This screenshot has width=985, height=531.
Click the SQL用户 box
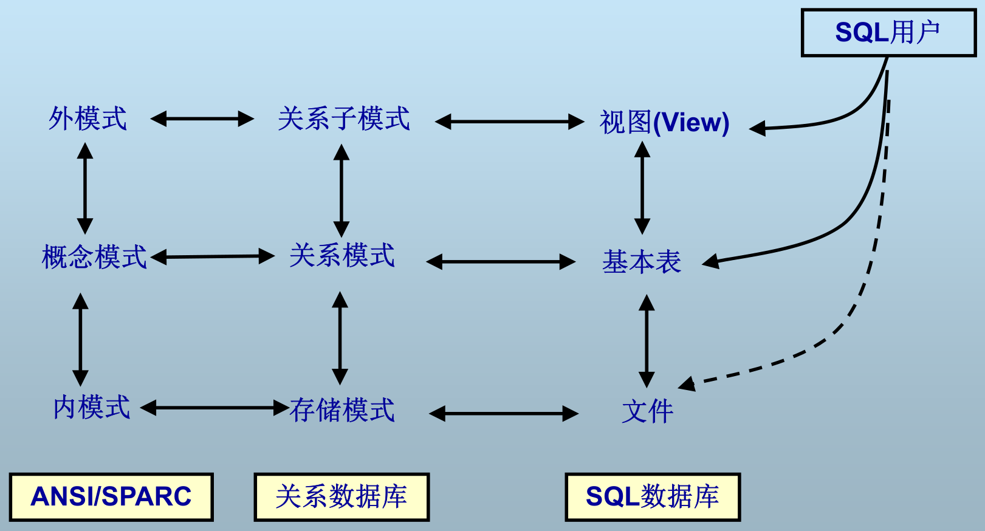pyautogui.click(x=888, y=33)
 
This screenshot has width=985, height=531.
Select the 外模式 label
pyautogui.click(x=88, y=118)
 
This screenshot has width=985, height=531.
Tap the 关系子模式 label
pyautogui.click(x=344, y=118)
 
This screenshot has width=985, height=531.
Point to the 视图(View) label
pyautogui.click(x=664, y=122)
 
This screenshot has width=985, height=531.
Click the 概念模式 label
pyautogui.click(x=94, y=257)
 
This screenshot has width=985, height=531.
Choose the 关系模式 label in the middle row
pyautogui.click(x=342, y=256)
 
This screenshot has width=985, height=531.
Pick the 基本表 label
pyautogui.click(x=642, y=262)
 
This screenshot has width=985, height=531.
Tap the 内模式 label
pyautogui.click(x=92, y=407)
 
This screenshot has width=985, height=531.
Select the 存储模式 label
pyautogui.click(x=342, y=410)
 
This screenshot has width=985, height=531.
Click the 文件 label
pyautogui.click(x=648, y=411)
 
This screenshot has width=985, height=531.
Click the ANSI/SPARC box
pyautogui.click(x=111, y=497)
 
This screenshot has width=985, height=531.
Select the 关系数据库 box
pyautogui.click(x=341, y=497)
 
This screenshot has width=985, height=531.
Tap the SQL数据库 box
pyautogui.click(x=653, y=497)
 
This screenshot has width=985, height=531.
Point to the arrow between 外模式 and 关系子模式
pyautogui.click(x=202, y=118)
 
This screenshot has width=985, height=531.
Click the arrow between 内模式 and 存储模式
pyautogui.click(x=215, y=408)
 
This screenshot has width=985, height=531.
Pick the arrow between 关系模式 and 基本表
pyautogui.click(x=501, y=262)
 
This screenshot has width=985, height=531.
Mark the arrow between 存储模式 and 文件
pyautogui.click(x=504, y=414)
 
